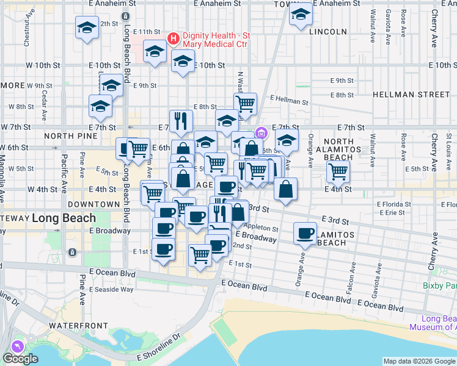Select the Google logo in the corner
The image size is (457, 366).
click(x=20, y=358)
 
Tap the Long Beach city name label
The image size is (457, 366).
click(x=64, y=218)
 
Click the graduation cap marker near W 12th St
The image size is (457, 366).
click(x=87, y=27)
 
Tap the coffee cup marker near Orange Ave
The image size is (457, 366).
click(x=305, y=233)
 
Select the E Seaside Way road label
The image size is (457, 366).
click(x=111, y=289)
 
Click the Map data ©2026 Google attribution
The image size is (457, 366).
click(x=419, y=361)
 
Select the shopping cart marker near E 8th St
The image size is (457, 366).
click(x=245, y=103)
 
